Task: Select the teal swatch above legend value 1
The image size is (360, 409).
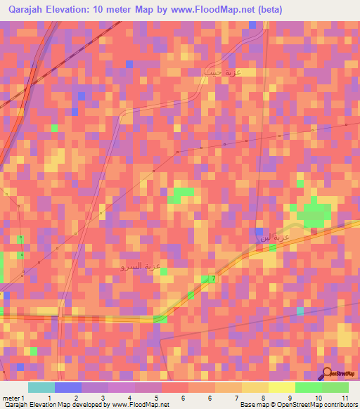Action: click(x=41, y=387)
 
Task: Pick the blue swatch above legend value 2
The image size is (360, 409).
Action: click(x=68, y=387)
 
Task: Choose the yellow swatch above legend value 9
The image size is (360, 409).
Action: click(x=282, y=387)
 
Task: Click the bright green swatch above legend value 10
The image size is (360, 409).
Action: click(x=309, y=387)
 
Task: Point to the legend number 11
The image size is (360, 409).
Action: click(x=345, y=398)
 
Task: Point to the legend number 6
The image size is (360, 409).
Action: click(x=183, y=398)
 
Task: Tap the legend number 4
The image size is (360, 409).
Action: click(x=129, y=398)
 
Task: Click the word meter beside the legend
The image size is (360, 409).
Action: click(x=9, y=398)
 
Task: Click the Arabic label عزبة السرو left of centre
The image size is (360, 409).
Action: click(x=143, y=266)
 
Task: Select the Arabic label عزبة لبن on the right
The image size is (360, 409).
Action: click(x=275, y=237)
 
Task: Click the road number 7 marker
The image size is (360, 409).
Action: click(x=213, y=279)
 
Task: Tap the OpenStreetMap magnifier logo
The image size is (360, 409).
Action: click(x=326, y=373)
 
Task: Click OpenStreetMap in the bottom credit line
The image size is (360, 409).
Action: click(x=290, y=405)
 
